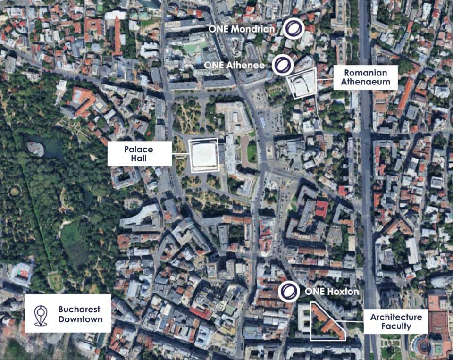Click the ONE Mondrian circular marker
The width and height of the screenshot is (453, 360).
[x=293, y=28]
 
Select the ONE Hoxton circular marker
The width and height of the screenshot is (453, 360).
[x=288, y=291]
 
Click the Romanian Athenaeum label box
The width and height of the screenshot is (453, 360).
[x=365, y=77]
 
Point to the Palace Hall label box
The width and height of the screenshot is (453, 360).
[x=139, y=153]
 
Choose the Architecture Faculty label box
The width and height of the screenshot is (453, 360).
[x=396, y=321]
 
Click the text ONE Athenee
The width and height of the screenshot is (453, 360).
[x=235, y=65]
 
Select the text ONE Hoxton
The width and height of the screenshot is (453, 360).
[x=332, y=292]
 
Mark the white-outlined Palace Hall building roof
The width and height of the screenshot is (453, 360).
[x=204, y=155]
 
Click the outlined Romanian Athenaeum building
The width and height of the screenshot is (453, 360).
[x=302, y=84]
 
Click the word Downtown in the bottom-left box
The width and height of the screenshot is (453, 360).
[x=81, y=319]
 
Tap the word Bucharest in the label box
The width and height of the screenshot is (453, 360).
[x=79, y=310]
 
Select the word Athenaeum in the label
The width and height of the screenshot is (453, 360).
[x=365, y=82]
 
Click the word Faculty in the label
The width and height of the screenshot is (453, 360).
[x=396, y=326]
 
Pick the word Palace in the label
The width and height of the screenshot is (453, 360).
[x=139, y=149]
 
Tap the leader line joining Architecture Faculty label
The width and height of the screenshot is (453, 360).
[x=354, y=321]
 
